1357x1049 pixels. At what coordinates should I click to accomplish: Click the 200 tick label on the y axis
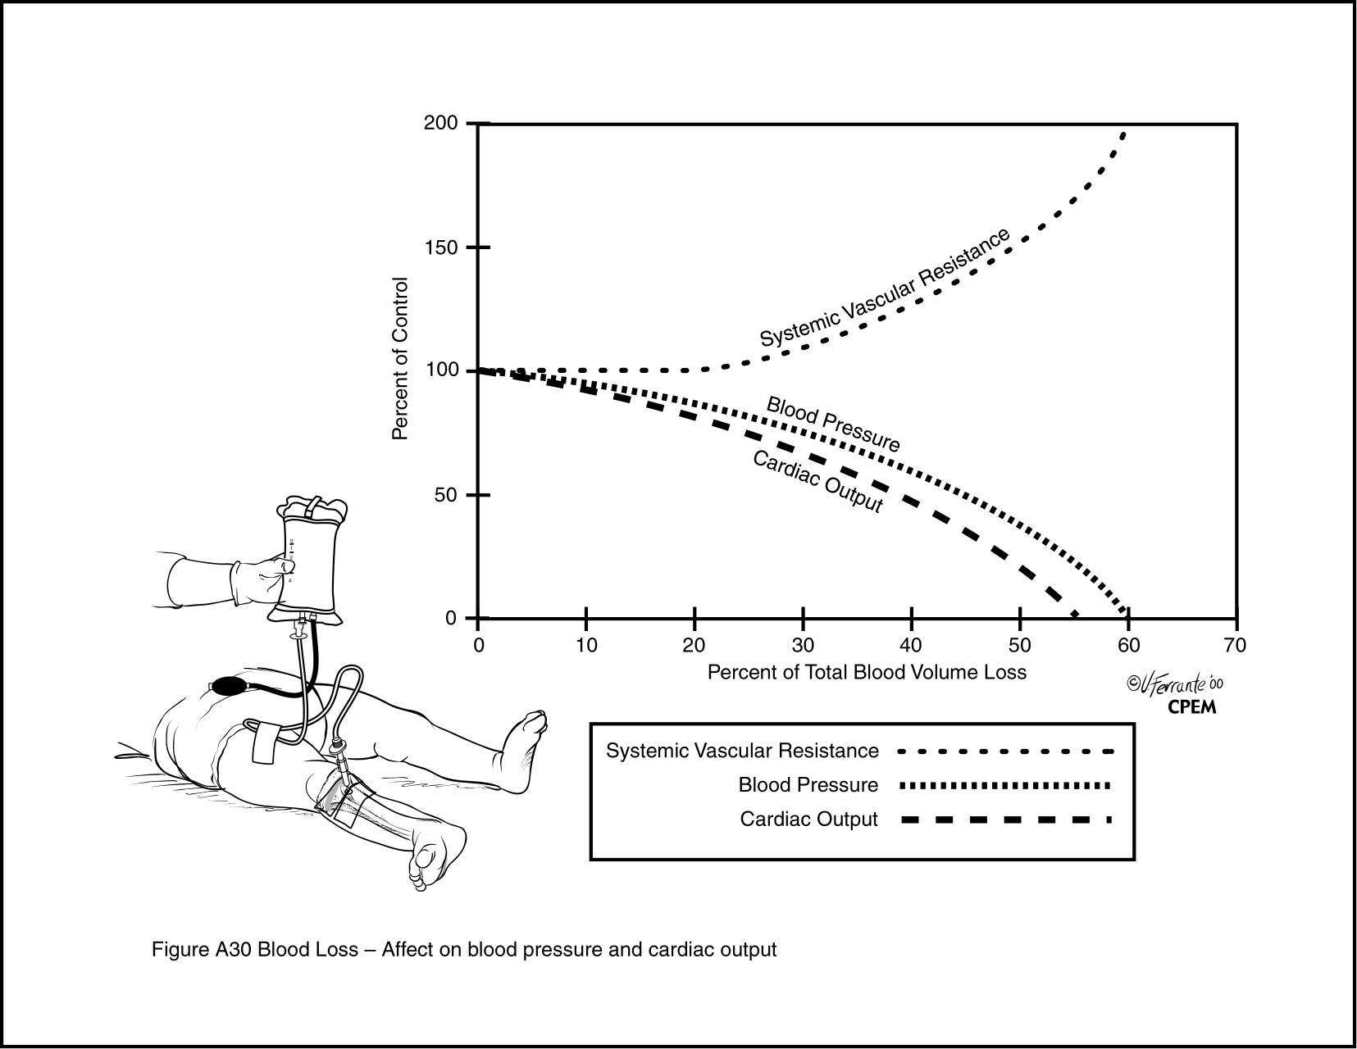point(441,123)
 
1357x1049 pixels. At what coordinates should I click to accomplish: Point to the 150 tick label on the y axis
point(441,247)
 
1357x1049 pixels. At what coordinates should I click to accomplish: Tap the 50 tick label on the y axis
point(447,495)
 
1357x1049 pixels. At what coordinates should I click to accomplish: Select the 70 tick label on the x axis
point(1235,645)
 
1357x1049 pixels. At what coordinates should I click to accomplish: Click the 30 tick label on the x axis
point(803,645)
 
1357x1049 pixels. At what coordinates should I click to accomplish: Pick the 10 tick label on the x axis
point(585,645)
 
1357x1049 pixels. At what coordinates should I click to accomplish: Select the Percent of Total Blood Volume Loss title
point(867,672)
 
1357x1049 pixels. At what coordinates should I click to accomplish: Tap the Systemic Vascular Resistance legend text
point(742,751)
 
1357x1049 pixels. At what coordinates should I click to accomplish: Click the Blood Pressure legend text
point(808,785)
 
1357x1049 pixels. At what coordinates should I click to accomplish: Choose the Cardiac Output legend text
point(808,820)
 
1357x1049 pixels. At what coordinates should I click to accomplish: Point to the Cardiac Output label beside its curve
point(817,481)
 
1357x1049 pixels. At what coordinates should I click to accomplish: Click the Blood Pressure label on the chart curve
point(833,425)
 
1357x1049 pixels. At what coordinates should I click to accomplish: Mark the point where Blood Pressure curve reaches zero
point(1126,615)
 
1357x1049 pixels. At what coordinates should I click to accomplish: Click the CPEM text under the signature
point(1191,707)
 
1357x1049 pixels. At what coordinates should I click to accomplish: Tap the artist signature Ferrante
point(1174,684)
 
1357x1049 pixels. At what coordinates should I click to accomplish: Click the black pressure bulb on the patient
point(230,686)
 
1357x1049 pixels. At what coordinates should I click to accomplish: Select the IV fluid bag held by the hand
point(306,561)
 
